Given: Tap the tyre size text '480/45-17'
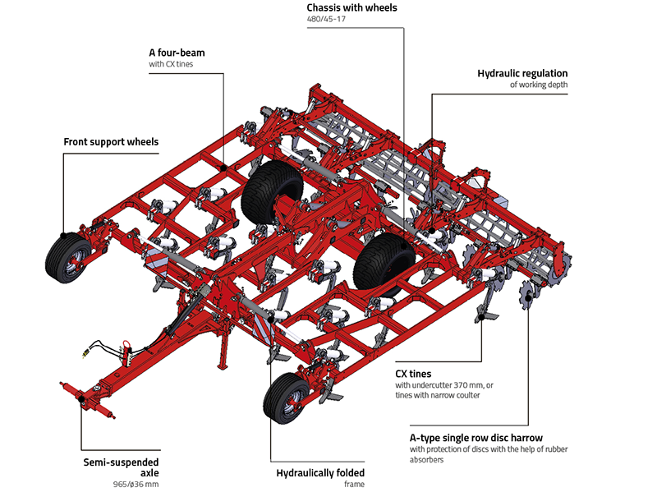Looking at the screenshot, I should (x=325, y=20).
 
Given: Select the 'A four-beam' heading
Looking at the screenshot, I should (x=177, y=53).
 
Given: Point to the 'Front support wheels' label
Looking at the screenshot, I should (x=111, y=142).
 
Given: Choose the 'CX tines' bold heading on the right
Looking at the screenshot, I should (x=413, y=374).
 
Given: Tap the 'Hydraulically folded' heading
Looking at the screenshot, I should (x=321, y=472).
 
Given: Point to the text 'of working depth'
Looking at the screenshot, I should (x=538, y=85).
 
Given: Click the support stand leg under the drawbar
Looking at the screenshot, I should (x=220, y=356).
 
